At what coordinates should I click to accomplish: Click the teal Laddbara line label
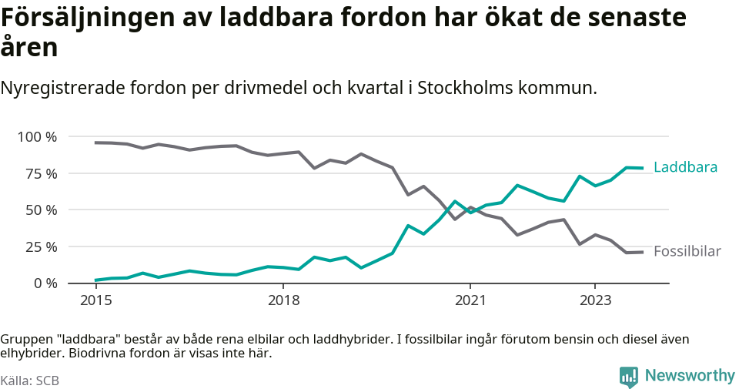coord(685,167)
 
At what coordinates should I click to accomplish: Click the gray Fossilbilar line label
coord(687,251)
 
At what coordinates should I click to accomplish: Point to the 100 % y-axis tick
coord(37,137)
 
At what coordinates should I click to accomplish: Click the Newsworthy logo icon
coord(629,377)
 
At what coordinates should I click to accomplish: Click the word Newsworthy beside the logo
coord(689,376)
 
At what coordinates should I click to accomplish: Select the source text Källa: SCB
coord(30,381)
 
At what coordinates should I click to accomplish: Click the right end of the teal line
coord(642,168)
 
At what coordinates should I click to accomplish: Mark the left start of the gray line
coord(95,143)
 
